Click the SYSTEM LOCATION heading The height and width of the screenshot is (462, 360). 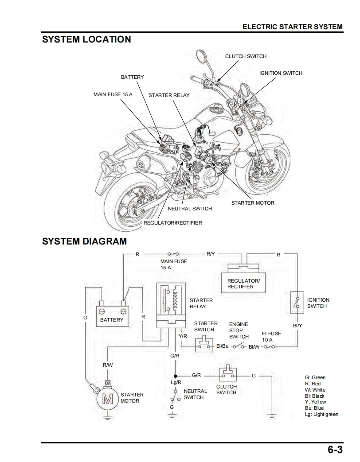86,39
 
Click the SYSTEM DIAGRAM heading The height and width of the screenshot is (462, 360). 84,241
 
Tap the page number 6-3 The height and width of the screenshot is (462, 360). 335,450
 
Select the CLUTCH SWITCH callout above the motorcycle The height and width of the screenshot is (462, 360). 246,56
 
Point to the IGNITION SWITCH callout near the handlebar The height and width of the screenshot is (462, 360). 281,73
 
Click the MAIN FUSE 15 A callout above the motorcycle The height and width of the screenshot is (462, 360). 113,94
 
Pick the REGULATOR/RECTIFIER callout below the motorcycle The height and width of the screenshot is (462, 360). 172,223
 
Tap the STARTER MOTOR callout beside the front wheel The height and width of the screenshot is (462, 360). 253,203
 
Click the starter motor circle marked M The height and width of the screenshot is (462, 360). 108,398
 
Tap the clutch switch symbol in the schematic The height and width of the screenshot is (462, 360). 226,375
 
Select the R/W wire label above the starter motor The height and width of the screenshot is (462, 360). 108,365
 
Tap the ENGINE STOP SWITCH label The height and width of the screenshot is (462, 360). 239,330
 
